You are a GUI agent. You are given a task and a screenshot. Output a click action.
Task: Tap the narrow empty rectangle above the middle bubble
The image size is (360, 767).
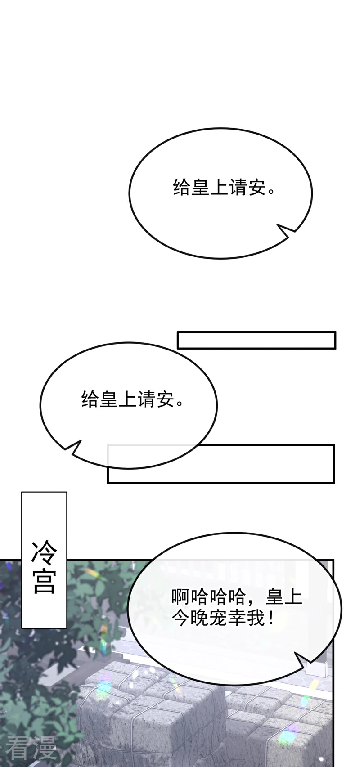256,340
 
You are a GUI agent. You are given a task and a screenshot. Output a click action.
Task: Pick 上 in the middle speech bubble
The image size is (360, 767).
128,399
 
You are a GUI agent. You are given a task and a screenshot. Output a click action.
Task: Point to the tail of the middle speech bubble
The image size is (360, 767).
72,448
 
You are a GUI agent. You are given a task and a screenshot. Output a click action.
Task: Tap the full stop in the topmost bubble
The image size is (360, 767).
271,191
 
